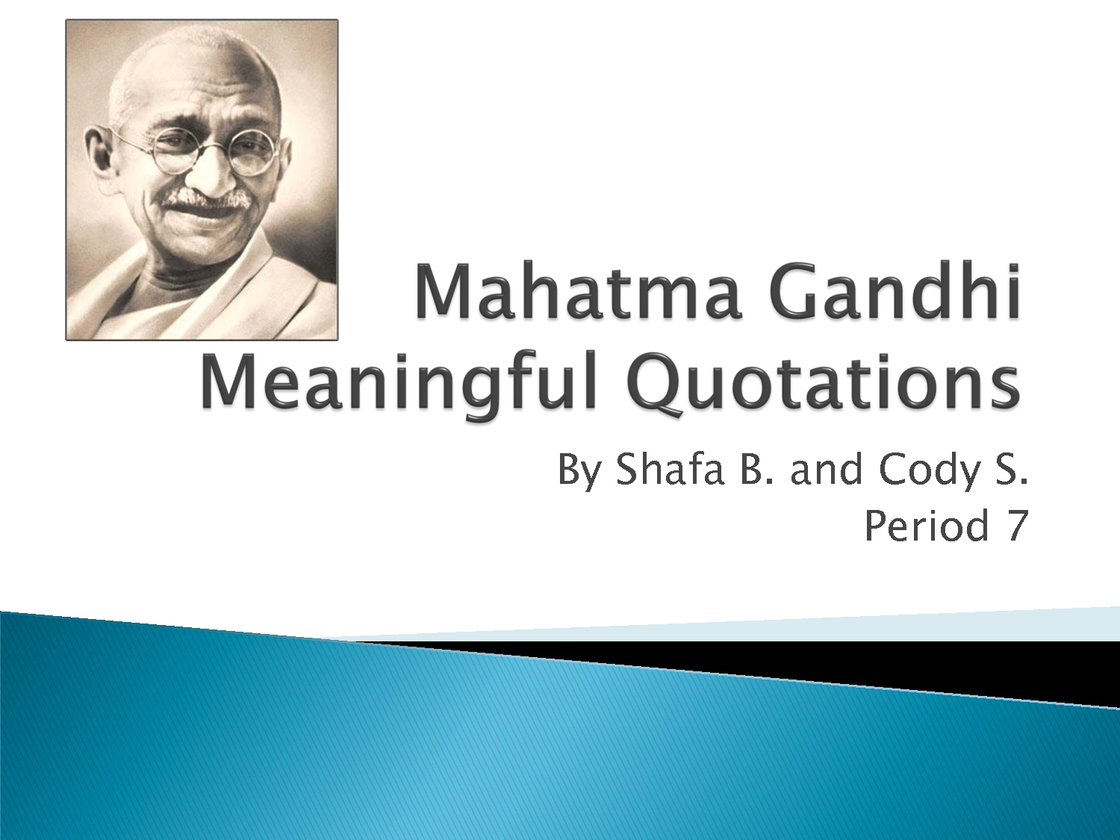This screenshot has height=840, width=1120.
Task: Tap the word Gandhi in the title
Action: click(x=895, y=290)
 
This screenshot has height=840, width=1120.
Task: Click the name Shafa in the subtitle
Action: click(x=671, y=469)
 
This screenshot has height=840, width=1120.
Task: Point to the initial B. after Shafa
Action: click(x=758, y=470)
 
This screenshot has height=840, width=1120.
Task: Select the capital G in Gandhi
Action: click(x=795, y=291)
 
